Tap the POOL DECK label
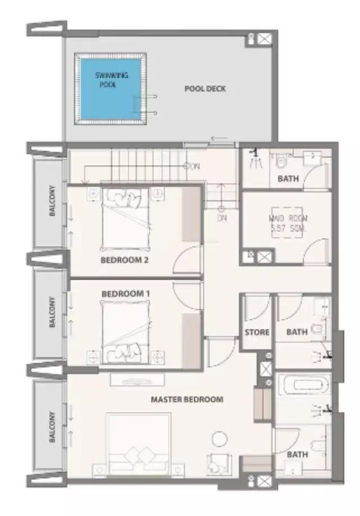point(205,89)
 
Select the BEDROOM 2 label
point(124,260)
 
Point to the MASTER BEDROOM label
point(187,399)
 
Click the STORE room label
point(257,332)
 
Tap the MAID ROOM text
point(289,223)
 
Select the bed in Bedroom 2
point(126,219)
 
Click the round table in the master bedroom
point(219,439)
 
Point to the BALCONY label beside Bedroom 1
point(52,312)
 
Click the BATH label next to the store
point(297,332)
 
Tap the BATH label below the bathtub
point(297,454)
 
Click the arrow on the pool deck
point(219,138)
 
